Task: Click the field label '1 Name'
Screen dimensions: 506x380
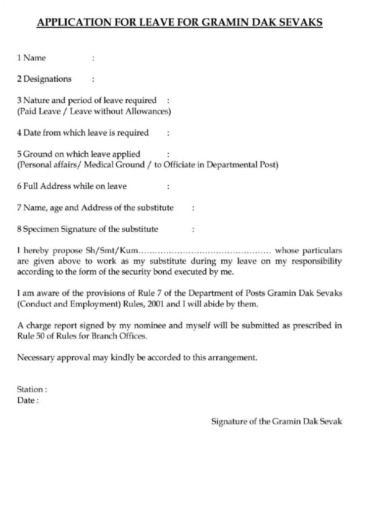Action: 31,58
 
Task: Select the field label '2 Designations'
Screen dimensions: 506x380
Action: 44,79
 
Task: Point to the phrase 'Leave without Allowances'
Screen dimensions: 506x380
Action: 119,111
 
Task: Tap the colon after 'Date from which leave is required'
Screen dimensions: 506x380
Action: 169,133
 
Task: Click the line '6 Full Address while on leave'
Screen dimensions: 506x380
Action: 72,186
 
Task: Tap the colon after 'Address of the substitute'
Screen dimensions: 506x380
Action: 193,208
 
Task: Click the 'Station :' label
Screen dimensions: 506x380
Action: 32,389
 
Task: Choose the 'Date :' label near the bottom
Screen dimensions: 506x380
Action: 28,400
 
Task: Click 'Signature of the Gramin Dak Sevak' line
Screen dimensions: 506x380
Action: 277,422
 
